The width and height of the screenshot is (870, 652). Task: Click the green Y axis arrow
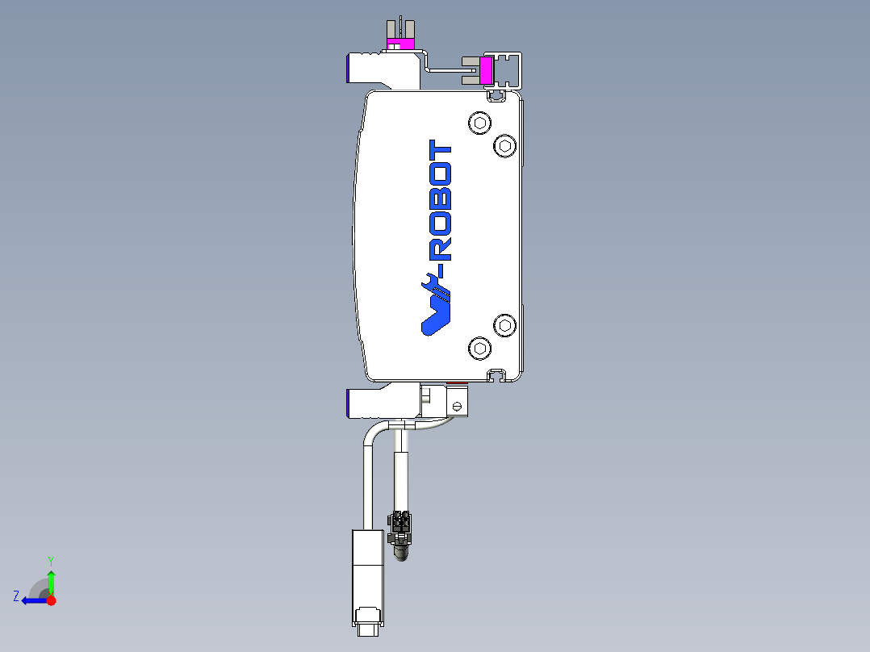51,579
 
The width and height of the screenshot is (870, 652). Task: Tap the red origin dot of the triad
51,600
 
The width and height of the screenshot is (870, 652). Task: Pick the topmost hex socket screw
480,123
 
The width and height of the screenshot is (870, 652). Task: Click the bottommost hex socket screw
480,349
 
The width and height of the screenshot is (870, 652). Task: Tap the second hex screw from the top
505,146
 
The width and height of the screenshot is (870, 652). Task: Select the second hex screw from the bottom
505,325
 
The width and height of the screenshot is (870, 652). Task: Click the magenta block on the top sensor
399,43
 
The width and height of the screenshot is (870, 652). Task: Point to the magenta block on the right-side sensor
487,70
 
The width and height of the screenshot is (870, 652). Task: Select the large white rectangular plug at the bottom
367,573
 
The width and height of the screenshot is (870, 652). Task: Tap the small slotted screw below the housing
458,405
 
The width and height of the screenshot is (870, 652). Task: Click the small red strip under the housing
457,383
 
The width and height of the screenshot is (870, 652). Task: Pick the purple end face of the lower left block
348,403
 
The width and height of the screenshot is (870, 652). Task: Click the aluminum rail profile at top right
510,70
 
